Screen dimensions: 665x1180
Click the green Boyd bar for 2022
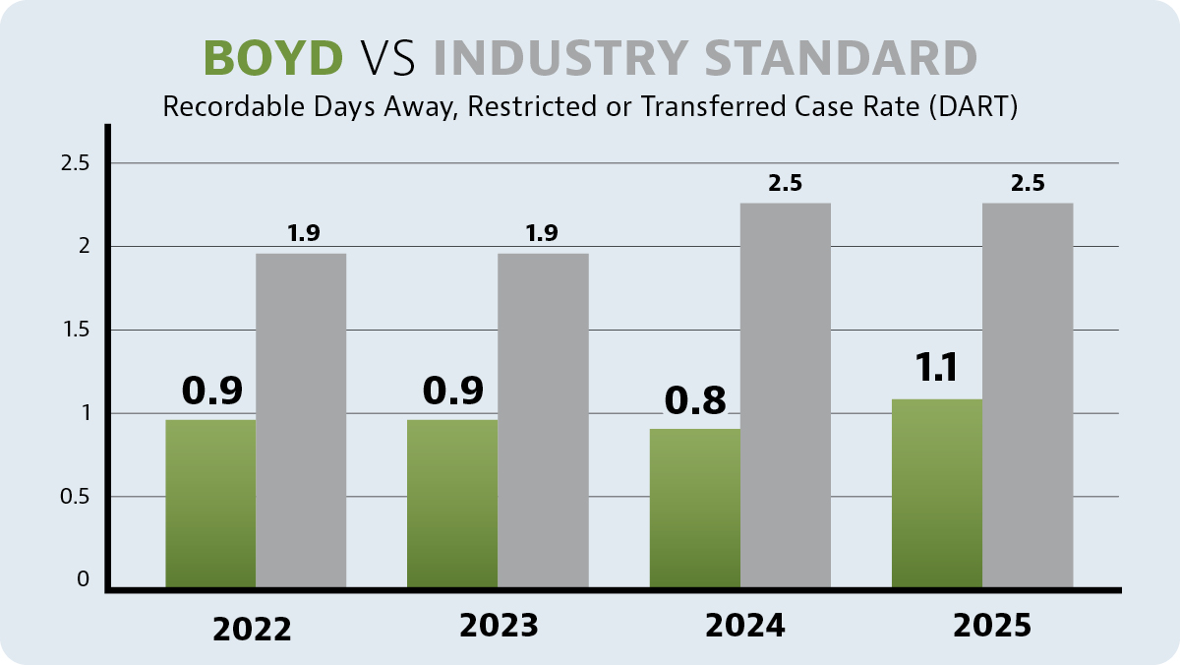pyautogui.click(x=210, y=504)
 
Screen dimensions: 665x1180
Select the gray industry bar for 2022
pyautogui.click(x=301, y=421)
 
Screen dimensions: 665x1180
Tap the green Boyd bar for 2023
pyautogui.click(x=452, y=504)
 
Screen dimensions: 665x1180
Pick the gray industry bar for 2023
pyautogui.click(x=543, y=421)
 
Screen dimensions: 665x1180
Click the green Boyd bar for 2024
pyautogui.click(x=694, y=508)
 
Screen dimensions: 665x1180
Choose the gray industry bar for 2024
pyautogui.click(x=786, y=395)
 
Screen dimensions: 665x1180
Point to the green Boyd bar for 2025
pyautogui.click(x=937, y=494)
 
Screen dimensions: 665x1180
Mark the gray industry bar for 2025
pyautogui.click(x=1028, y=395)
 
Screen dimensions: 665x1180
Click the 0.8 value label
pyautogui.click(x=695, y=400)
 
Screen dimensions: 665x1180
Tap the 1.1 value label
pyautogui.click(x=936, y=368)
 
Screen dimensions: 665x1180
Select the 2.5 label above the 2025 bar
pyautogui.click(x=1027, y=183)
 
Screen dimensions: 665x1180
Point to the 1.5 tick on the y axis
pyautogui.click(x=75, y=330)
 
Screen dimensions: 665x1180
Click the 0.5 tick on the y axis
pyautogui.click(x=75, y=497)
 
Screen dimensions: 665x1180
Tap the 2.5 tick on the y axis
pyautogui.click(x=75, y=162)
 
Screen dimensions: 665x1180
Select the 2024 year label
pyautogui.click(x=744, y=627)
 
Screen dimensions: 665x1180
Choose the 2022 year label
pyautogui.click(x=252, y=629)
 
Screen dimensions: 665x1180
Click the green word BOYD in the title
pyautogui.click(x=273, y=58)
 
